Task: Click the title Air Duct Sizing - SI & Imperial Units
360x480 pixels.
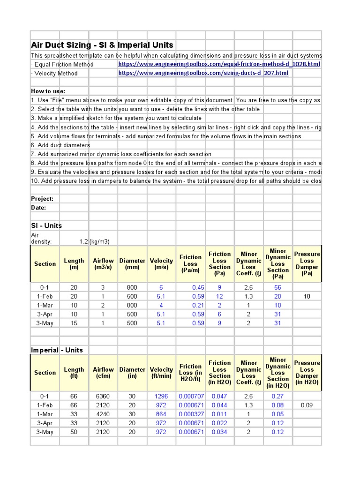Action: [x=102, y=45]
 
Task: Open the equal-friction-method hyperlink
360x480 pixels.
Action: [x=219, y=64]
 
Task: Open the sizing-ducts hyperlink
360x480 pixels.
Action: [x=203, y=73]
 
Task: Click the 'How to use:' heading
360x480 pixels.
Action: [x=48, y=91]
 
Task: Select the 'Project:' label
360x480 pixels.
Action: [x=42, y=199]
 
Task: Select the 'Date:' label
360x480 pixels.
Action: [x=38, y=208]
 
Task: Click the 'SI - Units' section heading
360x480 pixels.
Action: [x=46, y=225]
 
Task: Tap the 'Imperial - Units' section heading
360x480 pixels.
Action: [x=57, y=350]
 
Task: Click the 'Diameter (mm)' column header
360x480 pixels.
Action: [x=132, y=264]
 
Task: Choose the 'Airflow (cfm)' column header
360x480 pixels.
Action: [x=103, y=373]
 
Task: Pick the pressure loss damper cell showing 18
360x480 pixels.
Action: [x=307, y=296]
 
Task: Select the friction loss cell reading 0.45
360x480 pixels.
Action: [x=198, y=287]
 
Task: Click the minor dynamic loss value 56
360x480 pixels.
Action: [x=278, y=287]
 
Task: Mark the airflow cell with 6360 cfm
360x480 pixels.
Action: [x=103, y=396]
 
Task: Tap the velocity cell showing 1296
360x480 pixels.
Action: [x=161, y=396]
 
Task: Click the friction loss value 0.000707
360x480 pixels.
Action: [x=191, y=396]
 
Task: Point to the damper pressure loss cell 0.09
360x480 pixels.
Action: [x=307, y=405]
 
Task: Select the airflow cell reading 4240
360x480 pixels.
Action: [x=103, y=414]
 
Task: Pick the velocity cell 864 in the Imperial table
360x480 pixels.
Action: [x=161, y=414]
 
